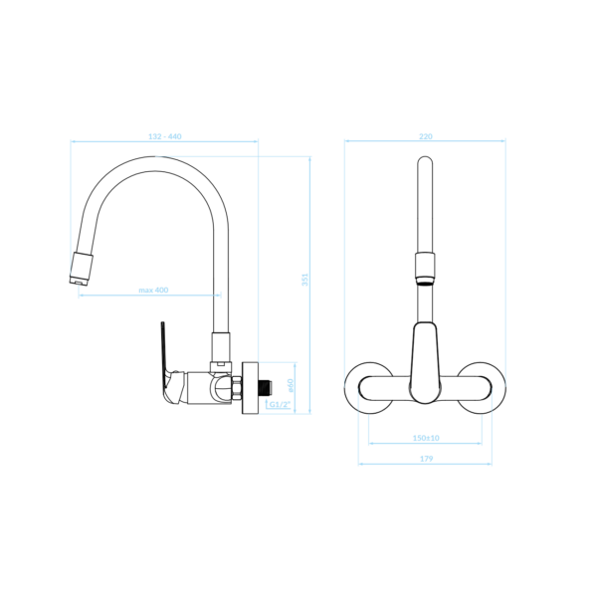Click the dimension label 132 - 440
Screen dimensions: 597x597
tap(165, 136)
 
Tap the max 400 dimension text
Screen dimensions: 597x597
tap(153, 291)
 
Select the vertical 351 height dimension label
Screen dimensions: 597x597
tap(305, 280)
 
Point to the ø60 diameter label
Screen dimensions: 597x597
tap(291, 385)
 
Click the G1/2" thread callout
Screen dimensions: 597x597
tap(280, 404)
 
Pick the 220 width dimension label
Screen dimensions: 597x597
tap(426, 136)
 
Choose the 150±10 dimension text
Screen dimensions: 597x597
tap(426, 438)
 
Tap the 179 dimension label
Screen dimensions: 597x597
tap(427, 459)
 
